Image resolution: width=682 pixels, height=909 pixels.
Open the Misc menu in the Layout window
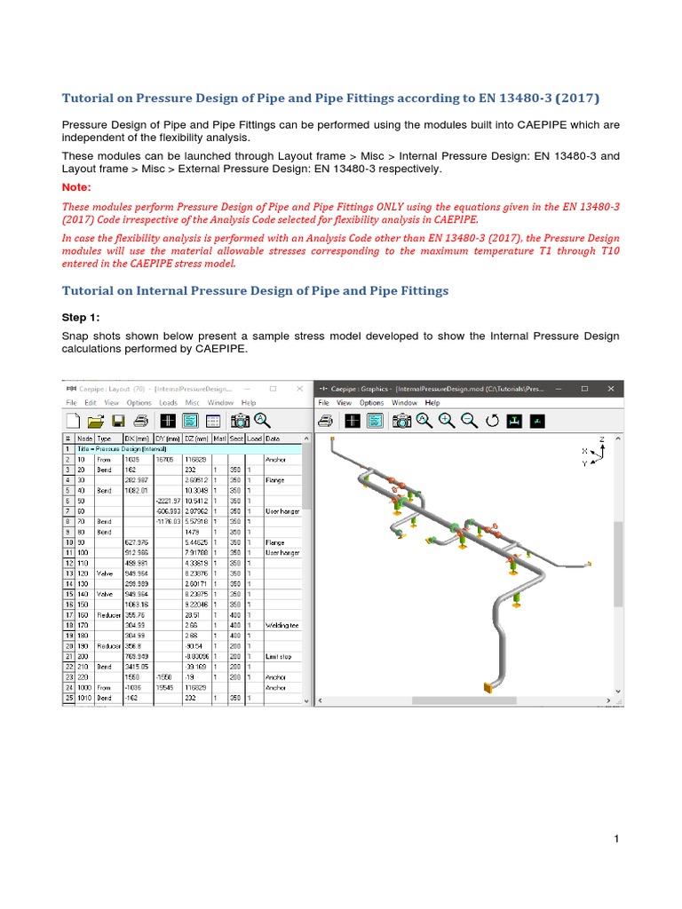tap(193, 403)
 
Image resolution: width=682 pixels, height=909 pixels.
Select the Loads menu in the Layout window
tap(168, 403)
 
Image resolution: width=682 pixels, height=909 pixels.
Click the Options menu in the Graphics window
tap(371, 403)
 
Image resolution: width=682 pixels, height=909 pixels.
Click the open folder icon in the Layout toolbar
tap(96, 422)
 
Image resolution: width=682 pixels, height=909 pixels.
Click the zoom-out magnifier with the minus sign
tap(469, 422)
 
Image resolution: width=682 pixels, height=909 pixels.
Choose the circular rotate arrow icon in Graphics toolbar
tap(492, 422)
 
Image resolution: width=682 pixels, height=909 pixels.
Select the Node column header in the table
tap(84, 439)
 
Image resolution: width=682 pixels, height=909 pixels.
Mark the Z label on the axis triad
tap(601, 439)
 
